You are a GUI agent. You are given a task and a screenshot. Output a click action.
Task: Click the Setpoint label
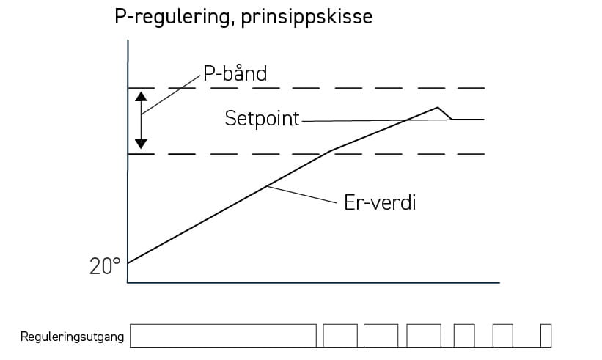pos(262,119)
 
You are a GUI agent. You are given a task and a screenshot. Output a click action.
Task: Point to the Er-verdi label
pos(380,202)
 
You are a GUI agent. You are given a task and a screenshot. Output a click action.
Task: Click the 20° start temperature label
pos(105,266)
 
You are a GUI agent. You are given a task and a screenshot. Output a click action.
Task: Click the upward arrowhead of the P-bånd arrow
pos(142,96)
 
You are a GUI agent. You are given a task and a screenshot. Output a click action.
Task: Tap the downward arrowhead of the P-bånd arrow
pos(142,143)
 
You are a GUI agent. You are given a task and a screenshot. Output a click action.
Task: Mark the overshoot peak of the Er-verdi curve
pos(438,107)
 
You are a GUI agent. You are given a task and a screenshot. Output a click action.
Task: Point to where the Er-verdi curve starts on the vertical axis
pos(128,262)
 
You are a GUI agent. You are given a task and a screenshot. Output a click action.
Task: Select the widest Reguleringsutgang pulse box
pos(223,336)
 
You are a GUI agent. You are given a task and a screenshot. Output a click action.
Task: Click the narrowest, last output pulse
pos(546,336)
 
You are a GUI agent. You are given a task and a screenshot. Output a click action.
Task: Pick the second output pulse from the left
pos(340,336)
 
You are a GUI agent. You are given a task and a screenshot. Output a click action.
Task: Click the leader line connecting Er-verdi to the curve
pos(301,194)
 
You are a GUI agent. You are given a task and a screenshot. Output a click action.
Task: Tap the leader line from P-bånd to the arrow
pos(172,93)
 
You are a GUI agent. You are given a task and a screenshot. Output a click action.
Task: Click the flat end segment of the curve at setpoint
pos(469,119)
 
